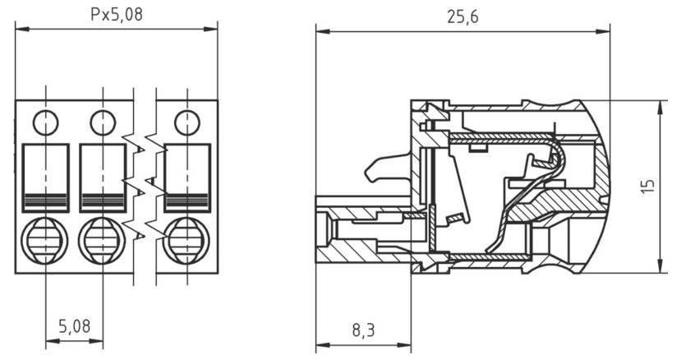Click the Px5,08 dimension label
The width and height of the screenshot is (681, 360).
(116, 14)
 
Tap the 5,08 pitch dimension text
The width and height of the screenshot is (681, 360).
(75, 325)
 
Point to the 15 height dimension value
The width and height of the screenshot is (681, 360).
(650, 187)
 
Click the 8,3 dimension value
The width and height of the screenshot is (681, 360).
(363, 330)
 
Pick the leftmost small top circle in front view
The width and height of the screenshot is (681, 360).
(46, 122)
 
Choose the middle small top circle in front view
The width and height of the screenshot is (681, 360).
(103, 122)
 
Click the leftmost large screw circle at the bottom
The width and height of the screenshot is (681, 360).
(46, 241)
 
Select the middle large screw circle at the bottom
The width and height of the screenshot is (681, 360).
(103, 241)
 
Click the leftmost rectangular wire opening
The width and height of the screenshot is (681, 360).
(46, 177)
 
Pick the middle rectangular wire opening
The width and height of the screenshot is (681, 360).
(103, 177)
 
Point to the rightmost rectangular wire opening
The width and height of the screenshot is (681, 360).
(187, 177)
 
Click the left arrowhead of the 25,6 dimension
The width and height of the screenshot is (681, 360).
(321, 32)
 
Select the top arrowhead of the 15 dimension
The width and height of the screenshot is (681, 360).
(661, 104)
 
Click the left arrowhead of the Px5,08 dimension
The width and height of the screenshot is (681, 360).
(20, 29)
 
